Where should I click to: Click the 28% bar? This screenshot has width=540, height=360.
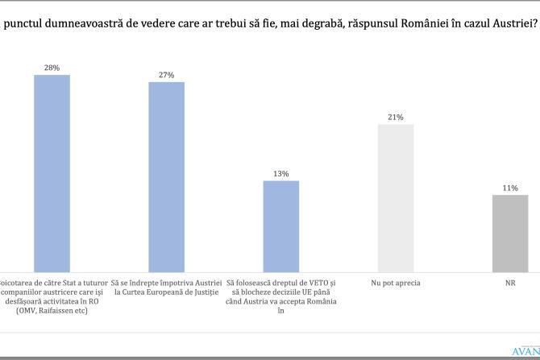coord(52,173)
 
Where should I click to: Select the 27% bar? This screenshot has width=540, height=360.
coord(166,177)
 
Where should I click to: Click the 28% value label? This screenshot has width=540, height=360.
coord(52,68)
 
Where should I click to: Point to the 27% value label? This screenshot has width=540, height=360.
coord(166,75)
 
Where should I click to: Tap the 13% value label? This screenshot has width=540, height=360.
coord(281,173)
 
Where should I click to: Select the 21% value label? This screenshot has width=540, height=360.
coord(396,117)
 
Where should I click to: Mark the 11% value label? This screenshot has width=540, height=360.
coord(510,188)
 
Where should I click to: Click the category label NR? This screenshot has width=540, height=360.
coord(510,283)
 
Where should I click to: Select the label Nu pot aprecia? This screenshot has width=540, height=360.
coord(396,283)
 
